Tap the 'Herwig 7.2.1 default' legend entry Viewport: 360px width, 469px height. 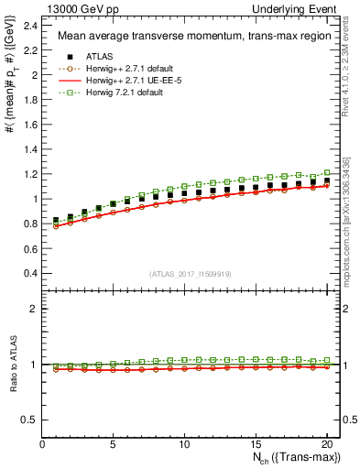click(114, 93)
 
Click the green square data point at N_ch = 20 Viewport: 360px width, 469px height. click(326, 172)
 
